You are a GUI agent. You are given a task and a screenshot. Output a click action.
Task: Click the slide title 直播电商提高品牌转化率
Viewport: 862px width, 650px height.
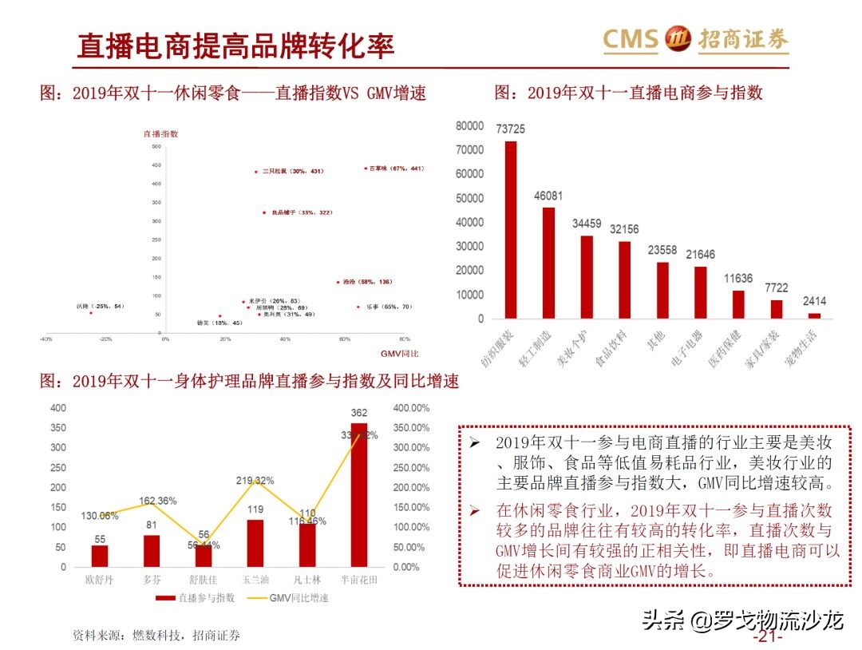tap(235, 46)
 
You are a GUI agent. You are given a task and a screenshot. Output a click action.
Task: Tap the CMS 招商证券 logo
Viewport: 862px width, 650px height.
tap(695, 39)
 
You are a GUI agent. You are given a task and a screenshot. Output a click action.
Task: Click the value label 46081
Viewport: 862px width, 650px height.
tap(548, 196)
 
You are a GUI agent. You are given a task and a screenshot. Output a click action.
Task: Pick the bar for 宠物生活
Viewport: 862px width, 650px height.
tap(813, 315)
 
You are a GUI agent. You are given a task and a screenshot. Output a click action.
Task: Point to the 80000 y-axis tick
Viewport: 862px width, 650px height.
tap(469, 126)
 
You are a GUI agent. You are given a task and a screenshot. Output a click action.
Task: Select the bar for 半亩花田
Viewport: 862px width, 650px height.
tap(359, 495)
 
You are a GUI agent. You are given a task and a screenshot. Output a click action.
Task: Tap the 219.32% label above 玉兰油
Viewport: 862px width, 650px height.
tap(255, 481)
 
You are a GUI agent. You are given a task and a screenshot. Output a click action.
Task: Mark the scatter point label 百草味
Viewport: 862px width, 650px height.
tap(396, 168)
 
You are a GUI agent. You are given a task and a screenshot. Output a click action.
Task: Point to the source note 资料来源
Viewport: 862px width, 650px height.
tap(156, 636)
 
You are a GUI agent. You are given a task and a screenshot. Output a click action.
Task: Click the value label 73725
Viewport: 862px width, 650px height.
tap(510, 129)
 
